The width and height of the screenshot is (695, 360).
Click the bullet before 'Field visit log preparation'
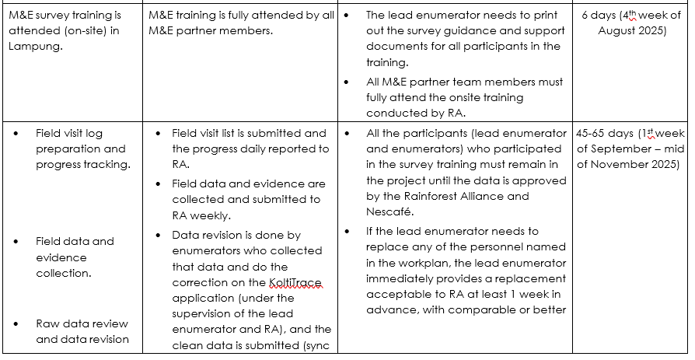(x=18, y=133)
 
